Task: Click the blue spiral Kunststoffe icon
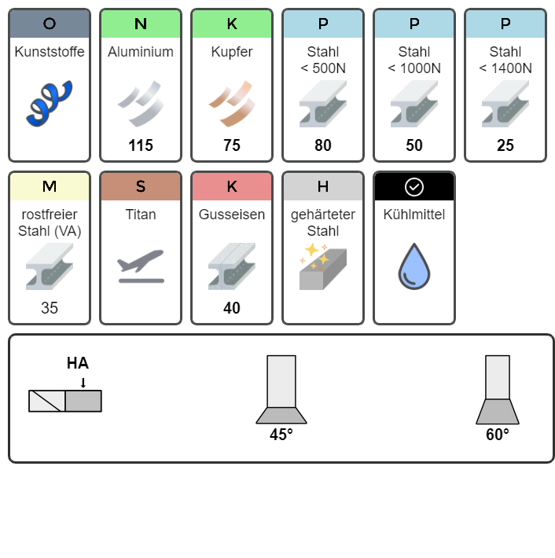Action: [x=49, y=103]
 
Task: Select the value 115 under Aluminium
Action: [x=141, y=145]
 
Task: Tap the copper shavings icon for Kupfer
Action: [x=232, y=104]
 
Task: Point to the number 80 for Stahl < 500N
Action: [x=323, y=145]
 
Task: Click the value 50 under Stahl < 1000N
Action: [x=414, y=145]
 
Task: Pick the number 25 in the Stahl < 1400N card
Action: [x=505, y=145]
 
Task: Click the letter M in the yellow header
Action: [x=50, y=186]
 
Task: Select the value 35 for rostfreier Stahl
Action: [x=50, y=308]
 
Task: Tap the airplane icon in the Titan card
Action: [x=141, y=266]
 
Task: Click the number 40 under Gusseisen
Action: [x=232, y=308]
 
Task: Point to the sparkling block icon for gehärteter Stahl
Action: [x=323, y=266]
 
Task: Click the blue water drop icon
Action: [x=414, y=266]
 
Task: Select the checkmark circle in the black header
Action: [x=414, y=187]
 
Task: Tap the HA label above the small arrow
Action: [x=78, y=363]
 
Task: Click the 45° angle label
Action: [x=281, y=435]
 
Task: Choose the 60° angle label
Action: [x=498, y=435]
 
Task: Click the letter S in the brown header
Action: [x=141, y=186]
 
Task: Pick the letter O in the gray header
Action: [x=50, y=24]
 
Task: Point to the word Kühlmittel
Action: [x=414, y=215]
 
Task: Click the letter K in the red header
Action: [x=232, y=186]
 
